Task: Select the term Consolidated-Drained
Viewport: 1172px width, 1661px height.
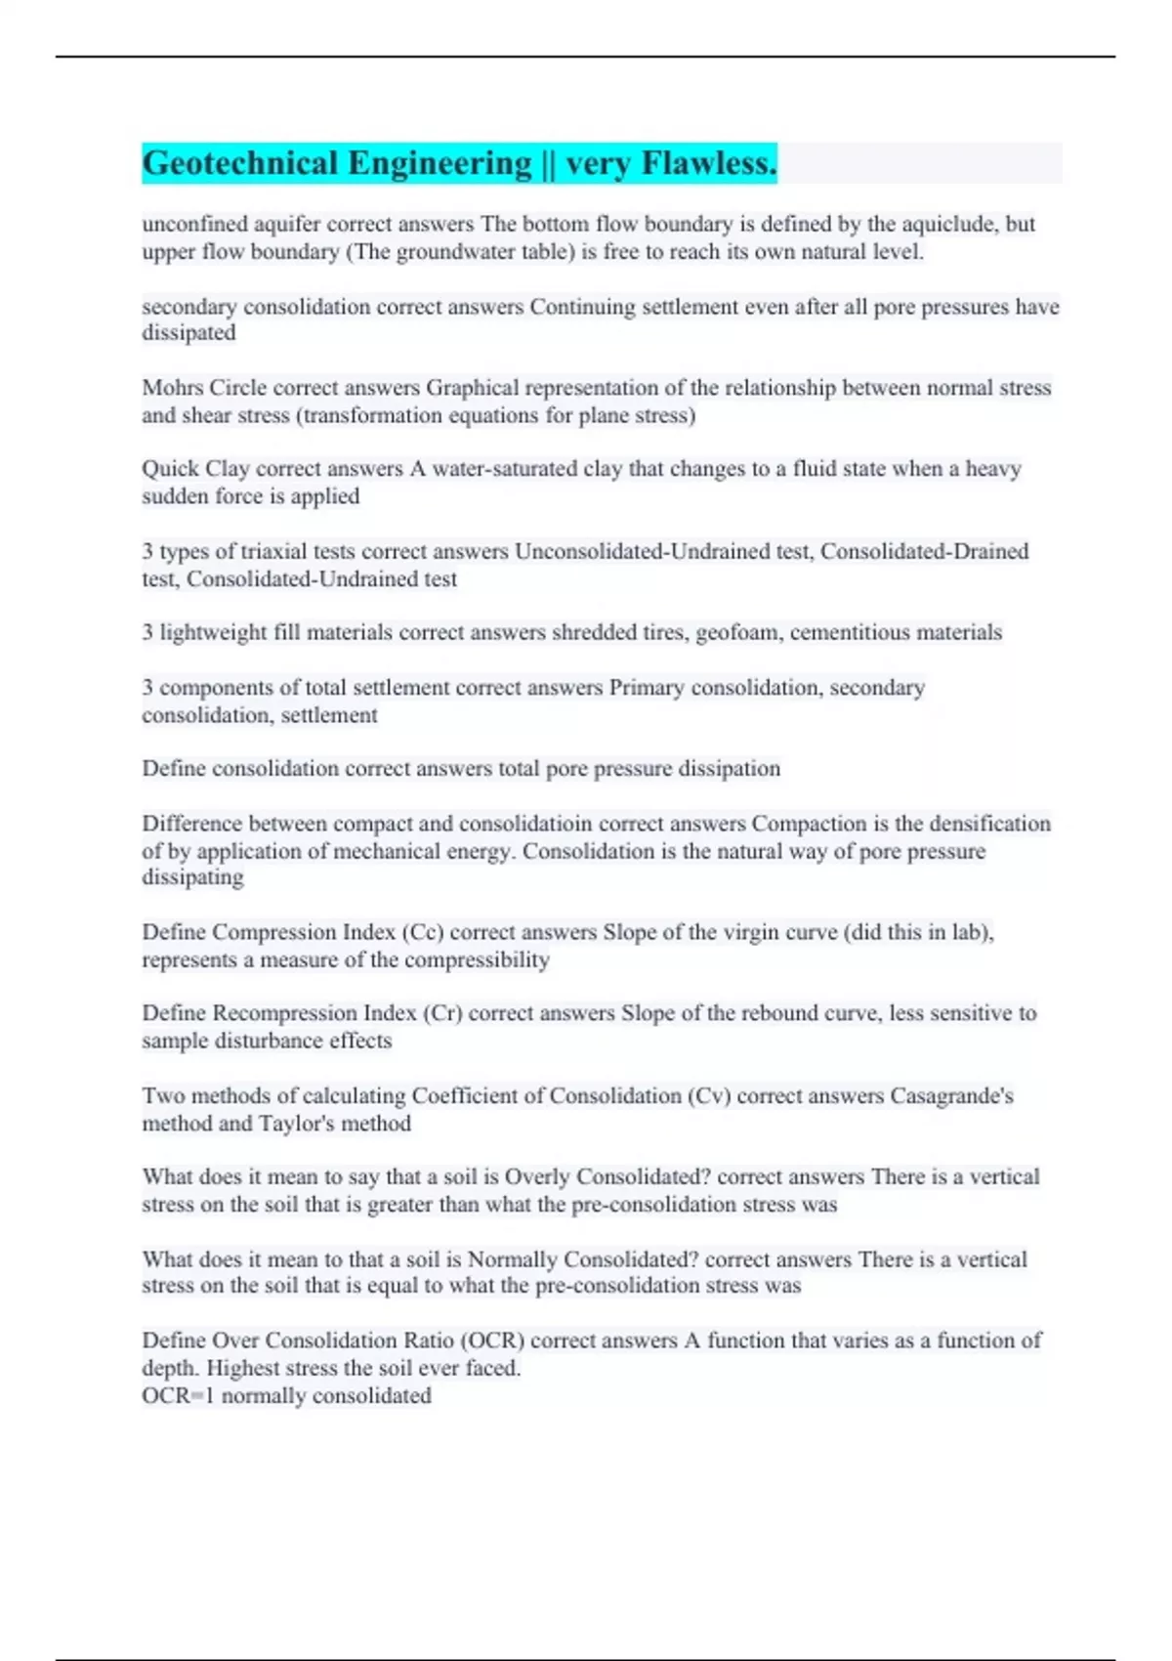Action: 924,551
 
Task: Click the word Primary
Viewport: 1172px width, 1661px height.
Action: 647,688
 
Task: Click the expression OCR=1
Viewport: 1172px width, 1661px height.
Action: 178,1395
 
